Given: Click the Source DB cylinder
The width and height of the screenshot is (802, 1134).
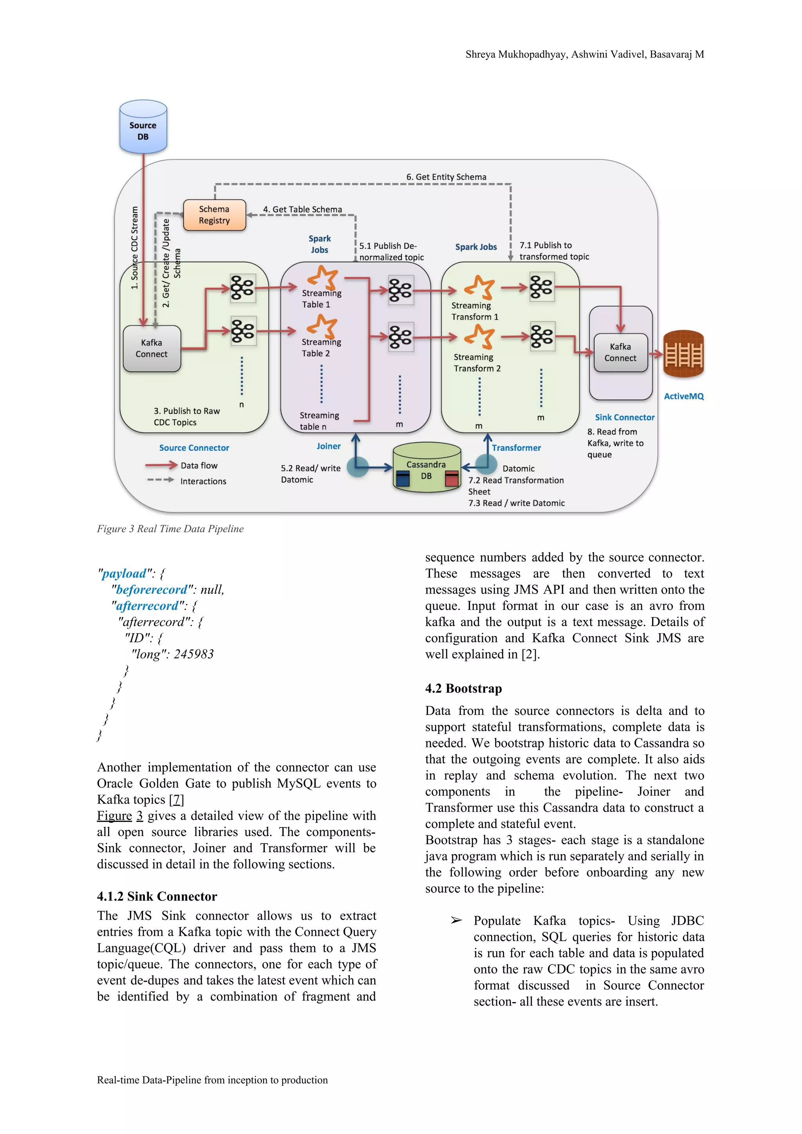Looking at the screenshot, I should click(143, 127).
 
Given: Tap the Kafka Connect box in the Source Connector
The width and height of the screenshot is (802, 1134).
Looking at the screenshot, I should click(152, 348).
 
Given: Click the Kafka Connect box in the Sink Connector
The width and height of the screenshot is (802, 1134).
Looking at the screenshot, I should click(620, 352).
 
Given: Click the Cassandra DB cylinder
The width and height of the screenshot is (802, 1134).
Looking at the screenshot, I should click(426, 468).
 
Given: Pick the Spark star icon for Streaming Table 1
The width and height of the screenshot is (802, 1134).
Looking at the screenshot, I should click(323, 277).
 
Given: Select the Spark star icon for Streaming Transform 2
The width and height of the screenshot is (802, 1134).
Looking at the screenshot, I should click(479, 337).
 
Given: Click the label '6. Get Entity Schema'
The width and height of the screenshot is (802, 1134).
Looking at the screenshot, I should click(446, 177).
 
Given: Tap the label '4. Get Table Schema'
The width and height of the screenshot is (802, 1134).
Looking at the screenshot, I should click(302, 209).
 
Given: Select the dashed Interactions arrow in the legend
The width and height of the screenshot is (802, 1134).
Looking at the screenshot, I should click(161, 480).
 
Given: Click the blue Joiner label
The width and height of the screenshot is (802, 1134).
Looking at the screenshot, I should click(328, 446).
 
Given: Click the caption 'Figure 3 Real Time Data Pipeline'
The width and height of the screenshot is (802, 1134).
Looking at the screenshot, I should click(170, 528).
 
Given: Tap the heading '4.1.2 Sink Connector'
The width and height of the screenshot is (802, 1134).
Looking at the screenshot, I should click(157, 896).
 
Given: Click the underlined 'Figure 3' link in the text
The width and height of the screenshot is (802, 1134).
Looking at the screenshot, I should click(119, 815).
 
